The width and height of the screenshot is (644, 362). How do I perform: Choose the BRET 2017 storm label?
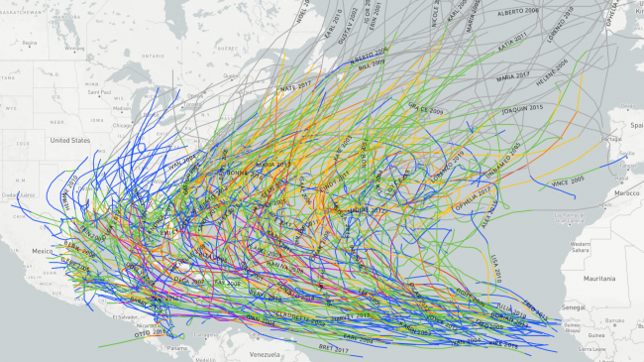[332, 346]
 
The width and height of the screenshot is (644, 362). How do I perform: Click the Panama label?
[176, 348]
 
